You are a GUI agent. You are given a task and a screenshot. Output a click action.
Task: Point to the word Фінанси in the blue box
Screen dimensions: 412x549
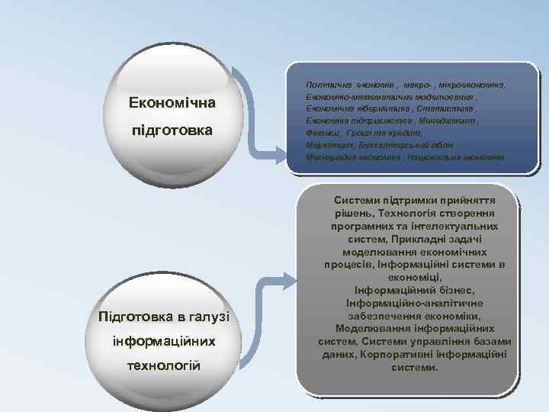tap(322, 133)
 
